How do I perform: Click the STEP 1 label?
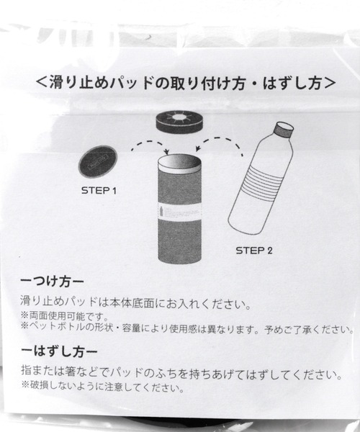[99, 190]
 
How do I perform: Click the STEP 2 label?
[254, 251]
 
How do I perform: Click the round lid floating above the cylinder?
[179, 122]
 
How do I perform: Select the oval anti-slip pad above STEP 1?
[99, 161]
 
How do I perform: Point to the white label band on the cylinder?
[179, 211]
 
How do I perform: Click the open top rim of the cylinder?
[179, 163]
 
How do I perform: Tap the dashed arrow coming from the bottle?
[220, 140]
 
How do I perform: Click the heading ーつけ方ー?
[52, 282]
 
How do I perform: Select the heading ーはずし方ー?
[59, 351]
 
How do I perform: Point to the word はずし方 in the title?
[292, 83]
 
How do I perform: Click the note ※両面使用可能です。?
[64, 316]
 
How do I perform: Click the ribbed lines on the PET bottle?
[261, 179]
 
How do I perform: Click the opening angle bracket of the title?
[42, 83]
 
